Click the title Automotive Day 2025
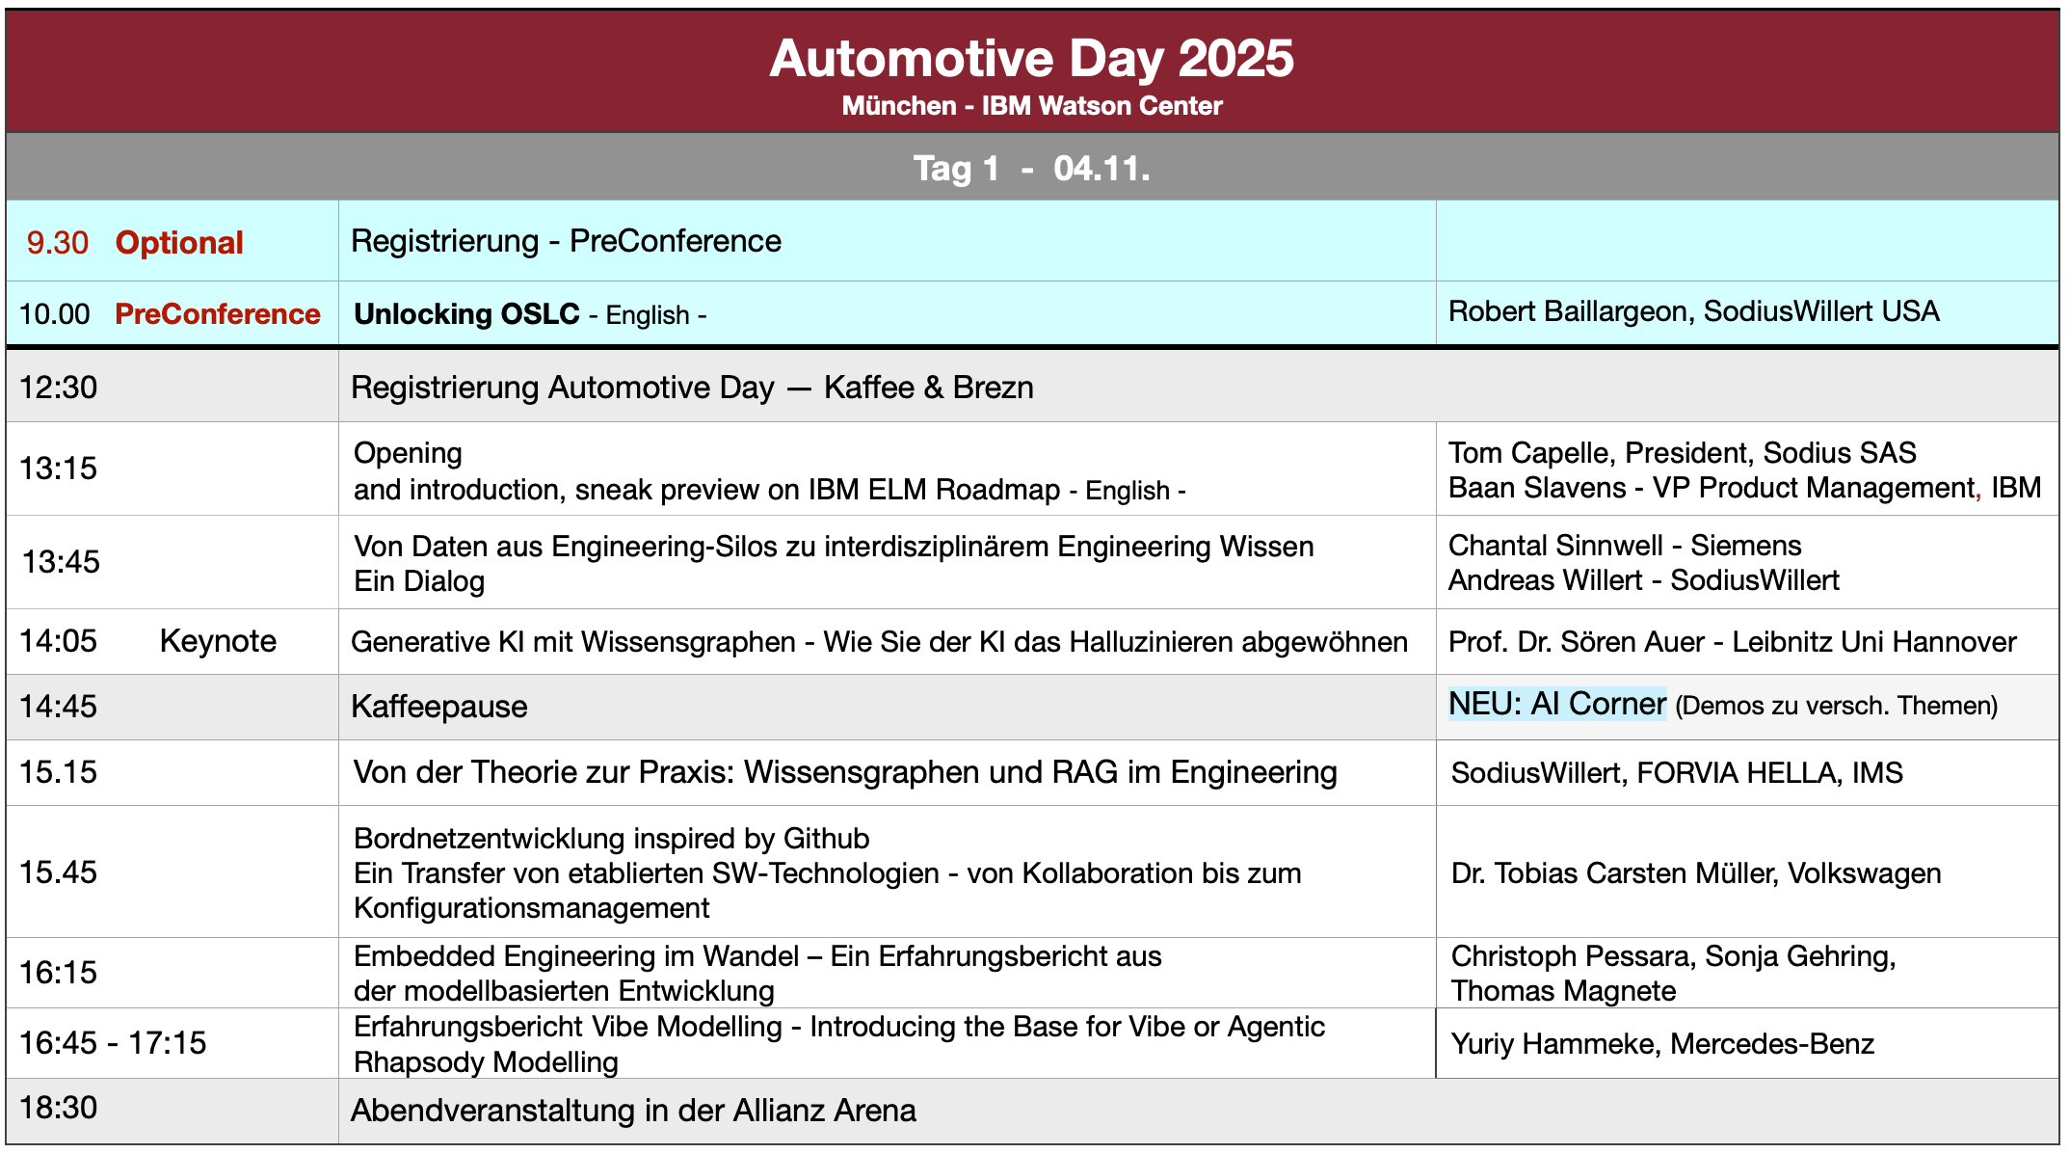pyautogui.click(x=1031, y=60)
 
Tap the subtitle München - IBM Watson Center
pyautogui.click(x=1031, y=106)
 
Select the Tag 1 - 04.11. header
pyautogui.click(x=1031, y=169)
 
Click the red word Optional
pyautogui.click(x=179, y=243)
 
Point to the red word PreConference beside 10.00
pyautogui.click(x=217, y=314)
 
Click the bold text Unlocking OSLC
pyautogui.click(x=466, y=314)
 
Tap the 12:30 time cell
pyautogui.click(x=59, y=388)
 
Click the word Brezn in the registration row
pyautogui.click(x=993, y=388)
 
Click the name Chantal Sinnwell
pyautogui.click(x=1554, y=546)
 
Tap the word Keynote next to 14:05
pyautogui.click(x=218, y=641)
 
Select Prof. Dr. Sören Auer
pyautogui.click(x=1576, y=642)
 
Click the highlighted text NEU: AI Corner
pyautogui.click(x=1556, y=704)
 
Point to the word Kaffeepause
pyautogui.click(x=438, y=707)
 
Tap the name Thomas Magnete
pyautogui.click(x=1563, y=991)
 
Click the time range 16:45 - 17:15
pyautogui.click(x=113, y=1043)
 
